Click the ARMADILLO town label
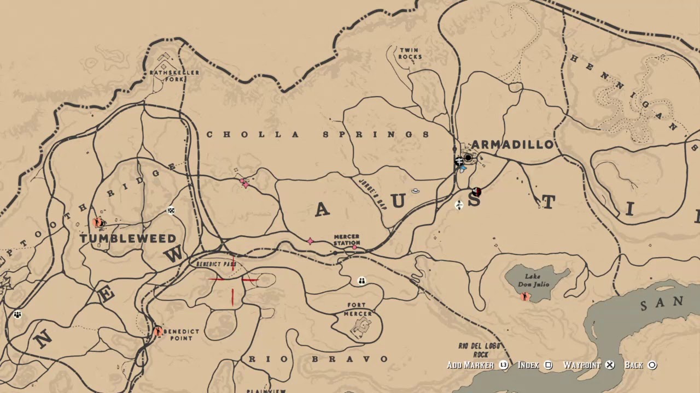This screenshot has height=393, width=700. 512,145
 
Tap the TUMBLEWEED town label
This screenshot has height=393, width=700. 128,239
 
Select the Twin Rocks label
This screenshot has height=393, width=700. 410,53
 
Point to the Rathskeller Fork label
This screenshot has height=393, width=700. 174,75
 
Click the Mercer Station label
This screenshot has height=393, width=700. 347,240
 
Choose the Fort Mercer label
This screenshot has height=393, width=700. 358,309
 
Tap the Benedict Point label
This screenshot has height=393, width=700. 181,335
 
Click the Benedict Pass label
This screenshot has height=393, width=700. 216,264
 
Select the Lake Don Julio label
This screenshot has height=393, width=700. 533,280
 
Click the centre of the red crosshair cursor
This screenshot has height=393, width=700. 233,279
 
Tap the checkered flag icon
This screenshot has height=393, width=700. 171,211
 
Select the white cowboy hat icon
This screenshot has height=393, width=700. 415,190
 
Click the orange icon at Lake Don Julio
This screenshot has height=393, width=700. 525,297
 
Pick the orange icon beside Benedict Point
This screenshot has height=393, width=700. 157,331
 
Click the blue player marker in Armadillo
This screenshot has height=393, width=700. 463,169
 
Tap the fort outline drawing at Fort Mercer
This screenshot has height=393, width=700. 360,327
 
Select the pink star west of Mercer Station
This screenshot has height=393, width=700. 310,241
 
